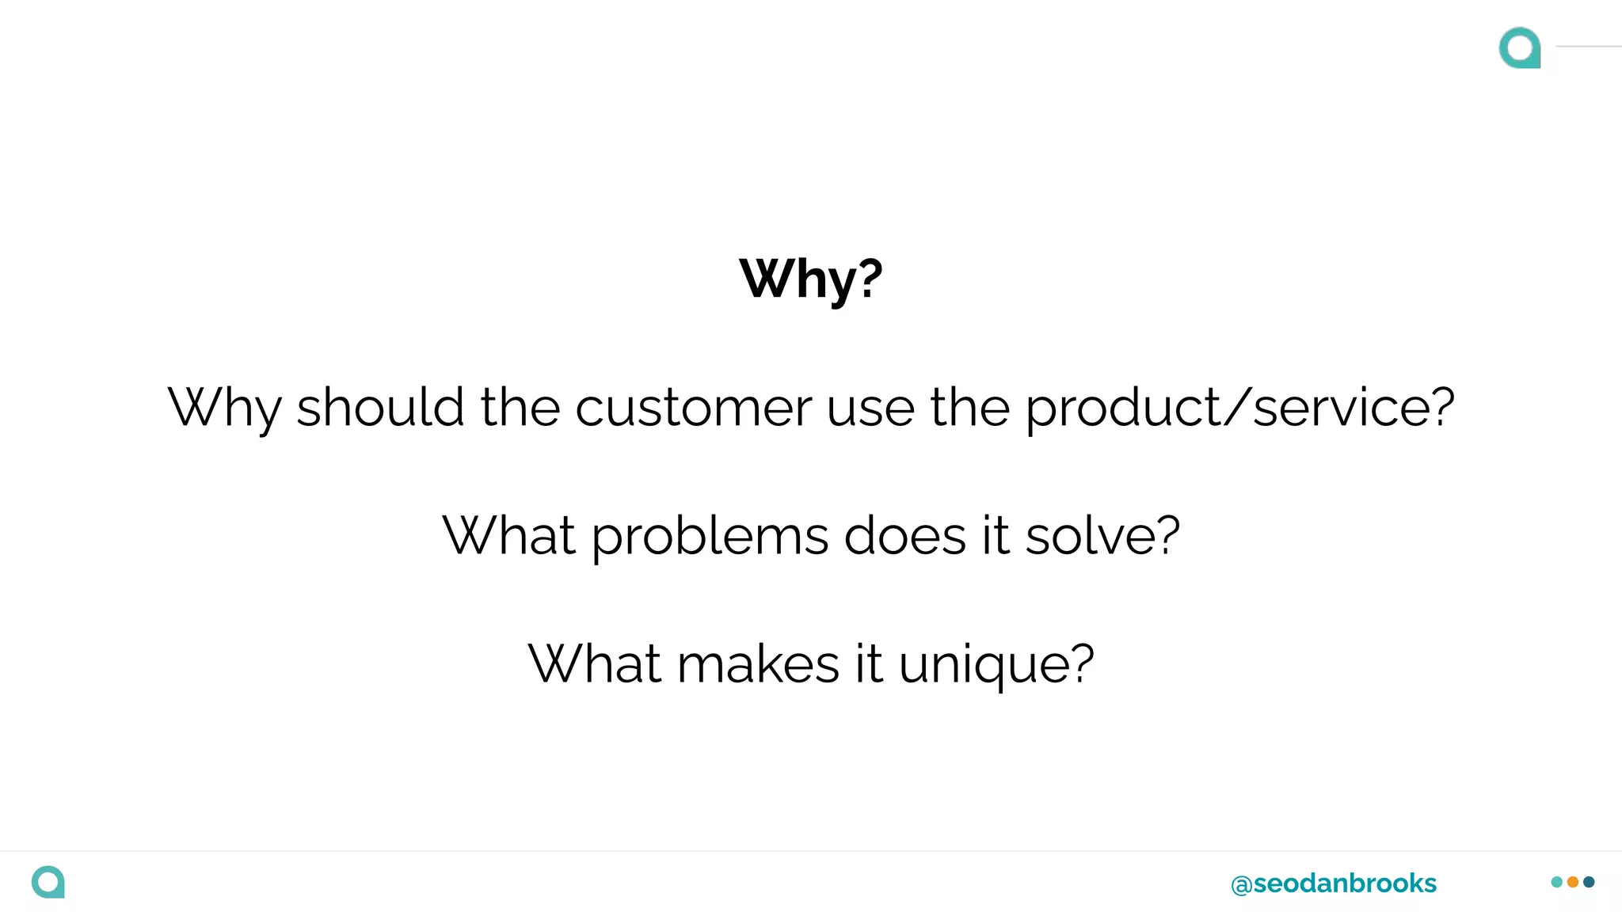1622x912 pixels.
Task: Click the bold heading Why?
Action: click(810, 279)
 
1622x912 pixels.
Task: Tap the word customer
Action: click(693, 408)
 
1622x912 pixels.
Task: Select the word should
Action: click(380, 408)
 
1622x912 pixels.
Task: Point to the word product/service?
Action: click(1239, 408)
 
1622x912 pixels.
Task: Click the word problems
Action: click(710, 537)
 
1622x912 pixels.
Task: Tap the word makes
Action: click(758, 663)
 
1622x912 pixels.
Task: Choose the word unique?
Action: click(996, 665)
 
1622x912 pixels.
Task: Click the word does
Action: click(905, 536)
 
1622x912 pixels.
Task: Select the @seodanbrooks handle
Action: click(1334, 883)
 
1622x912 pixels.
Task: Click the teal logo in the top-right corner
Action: click(1520, 47)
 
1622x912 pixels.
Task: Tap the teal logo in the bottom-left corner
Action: click(48, 882)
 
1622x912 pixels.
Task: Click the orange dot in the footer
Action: click(1573, 882)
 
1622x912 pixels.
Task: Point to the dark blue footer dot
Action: click(1589, 882)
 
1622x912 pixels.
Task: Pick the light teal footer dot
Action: click(1557, 882)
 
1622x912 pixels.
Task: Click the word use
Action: click(870, 409)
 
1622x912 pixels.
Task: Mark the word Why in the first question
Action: click(224, 409)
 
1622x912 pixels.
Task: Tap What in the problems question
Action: click(508, 536)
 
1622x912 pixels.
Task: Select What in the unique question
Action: click(594, 663)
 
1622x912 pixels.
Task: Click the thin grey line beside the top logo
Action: click(1589, 47)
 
